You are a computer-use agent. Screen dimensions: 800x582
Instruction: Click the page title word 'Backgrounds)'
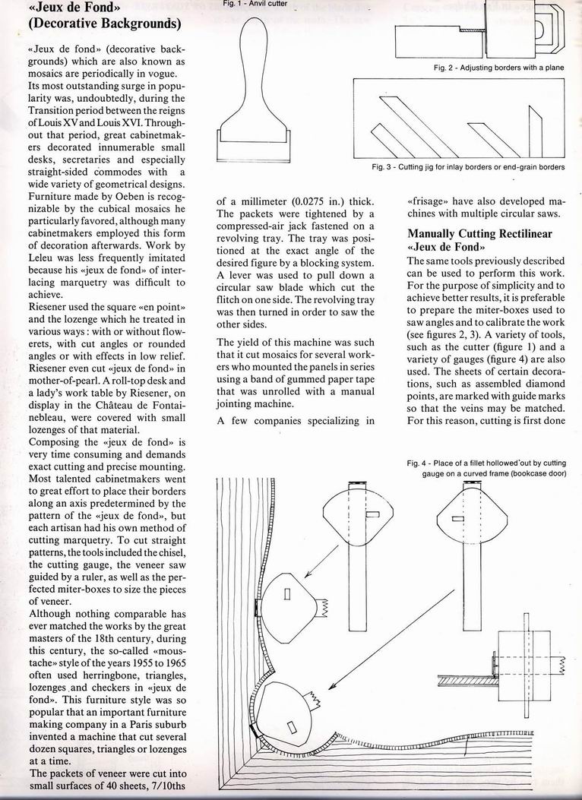[x=139, y=24]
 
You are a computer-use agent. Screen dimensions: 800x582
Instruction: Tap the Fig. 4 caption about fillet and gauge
[x=495, y=466]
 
